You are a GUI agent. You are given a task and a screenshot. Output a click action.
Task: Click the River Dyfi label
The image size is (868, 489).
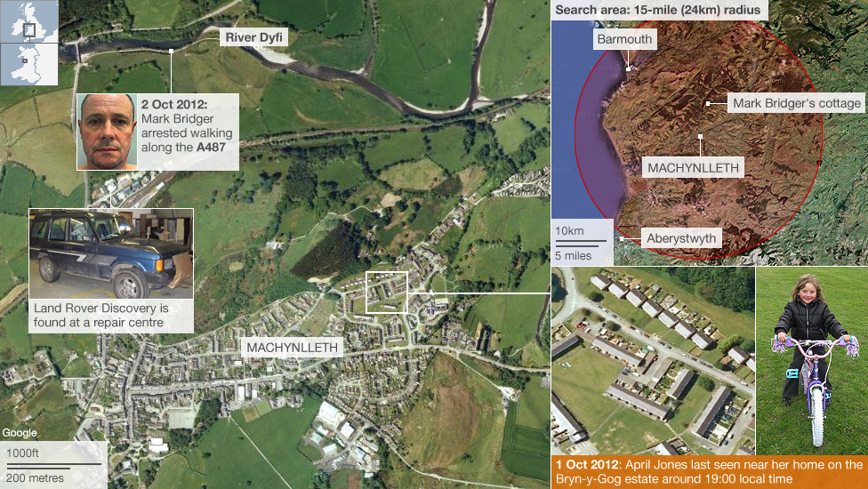coord(253,39)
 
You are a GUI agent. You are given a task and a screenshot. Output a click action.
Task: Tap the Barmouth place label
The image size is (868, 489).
coord(624,39)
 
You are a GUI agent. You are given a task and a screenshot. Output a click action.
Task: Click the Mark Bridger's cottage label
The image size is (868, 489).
coord(796,104)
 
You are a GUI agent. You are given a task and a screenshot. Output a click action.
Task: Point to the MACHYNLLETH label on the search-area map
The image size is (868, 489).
coord(694,167)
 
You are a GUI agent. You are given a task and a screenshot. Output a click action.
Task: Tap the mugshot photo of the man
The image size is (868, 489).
coord(107,132)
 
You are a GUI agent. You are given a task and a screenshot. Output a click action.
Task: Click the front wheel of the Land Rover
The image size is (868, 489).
coord(130,283)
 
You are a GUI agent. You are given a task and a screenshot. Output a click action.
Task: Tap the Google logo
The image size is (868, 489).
coord(20,433)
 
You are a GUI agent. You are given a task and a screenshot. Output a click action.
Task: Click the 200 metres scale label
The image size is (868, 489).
coord(33,478)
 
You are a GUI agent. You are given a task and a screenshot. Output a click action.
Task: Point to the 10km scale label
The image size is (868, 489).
coord(570,231)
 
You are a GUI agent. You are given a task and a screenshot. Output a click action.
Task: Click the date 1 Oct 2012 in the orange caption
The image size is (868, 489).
coord(586,465)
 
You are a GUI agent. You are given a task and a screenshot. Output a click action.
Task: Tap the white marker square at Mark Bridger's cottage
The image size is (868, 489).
coord(708,103)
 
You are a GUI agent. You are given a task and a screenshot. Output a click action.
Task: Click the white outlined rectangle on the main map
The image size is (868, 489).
coord(386,293)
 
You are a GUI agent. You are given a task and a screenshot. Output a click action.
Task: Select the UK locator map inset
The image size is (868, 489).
coord(29,30)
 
